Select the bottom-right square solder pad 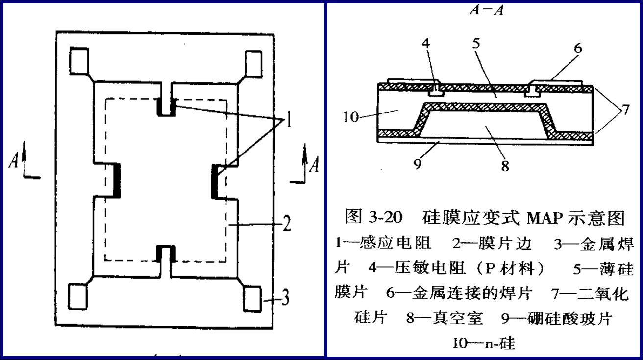point(252,298)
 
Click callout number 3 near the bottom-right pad point(285,298)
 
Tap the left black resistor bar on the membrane point(117,180)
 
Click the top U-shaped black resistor point(166,107)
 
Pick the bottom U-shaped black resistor point(166,252)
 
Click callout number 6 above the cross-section point(578,48)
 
